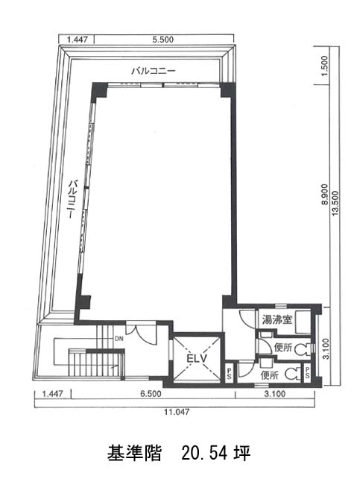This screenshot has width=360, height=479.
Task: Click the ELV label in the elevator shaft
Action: pos(196,358)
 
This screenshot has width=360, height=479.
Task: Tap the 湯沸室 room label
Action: pos(277,320)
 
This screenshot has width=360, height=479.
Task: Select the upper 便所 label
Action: pos(283,348)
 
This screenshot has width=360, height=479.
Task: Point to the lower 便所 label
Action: pos(270,375)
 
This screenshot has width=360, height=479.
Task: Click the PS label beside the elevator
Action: pos(229,374)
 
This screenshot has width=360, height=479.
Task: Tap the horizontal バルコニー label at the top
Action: pos(154,71)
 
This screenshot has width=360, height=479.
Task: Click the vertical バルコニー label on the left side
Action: pos(72,199)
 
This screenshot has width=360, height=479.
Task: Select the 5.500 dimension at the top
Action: pos(163,40)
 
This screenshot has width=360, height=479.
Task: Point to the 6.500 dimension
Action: pos(151,394)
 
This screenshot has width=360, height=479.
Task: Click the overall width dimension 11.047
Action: pos(177,412)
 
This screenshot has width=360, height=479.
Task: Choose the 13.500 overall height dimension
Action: pos(335,204)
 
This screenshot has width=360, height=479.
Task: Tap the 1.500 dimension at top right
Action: pos(325,66)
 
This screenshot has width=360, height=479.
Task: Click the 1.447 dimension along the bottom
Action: pos(53,394)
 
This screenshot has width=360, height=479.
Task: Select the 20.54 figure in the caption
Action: pos(204,453)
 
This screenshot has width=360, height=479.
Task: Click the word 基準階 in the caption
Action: pos(134,453)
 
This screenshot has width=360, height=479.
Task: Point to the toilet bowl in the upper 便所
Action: pos(302,348)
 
